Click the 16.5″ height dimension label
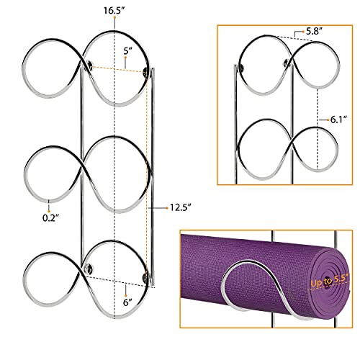[x=114, y=10]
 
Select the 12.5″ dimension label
[x=181, y=207]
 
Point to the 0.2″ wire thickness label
[x=50, y=218]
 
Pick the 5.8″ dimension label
[x=314, y=31]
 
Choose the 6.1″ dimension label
[x=339, y=120]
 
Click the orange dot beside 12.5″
[x=167, y=208]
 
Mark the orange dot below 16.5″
[x=114, y=17]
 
